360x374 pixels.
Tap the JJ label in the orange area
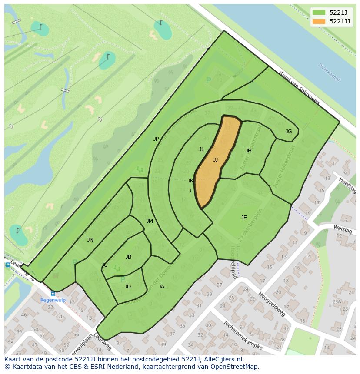(216, 160)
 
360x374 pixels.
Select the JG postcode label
(289, 132)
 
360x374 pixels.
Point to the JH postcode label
(249, 151)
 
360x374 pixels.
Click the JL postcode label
(201, 149)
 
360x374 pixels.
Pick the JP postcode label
(156, 139)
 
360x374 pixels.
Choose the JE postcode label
(244, 218)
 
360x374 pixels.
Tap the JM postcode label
(150, 221)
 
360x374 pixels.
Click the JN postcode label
(90, 240)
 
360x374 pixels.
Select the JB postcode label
(128, 257)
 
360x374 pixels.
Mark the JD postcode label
(128, 287)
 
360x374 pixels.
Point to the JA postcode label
(161, 287)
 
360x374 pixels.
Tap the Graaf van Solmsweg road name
(299, 88)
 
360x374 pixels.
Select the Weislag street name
(342, 227)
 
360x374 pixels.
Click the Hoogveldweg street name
(272, 304)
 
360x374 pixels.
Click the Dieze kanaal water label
(329, 73)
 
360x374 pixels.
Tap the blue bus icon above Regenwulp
(53, 294)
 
